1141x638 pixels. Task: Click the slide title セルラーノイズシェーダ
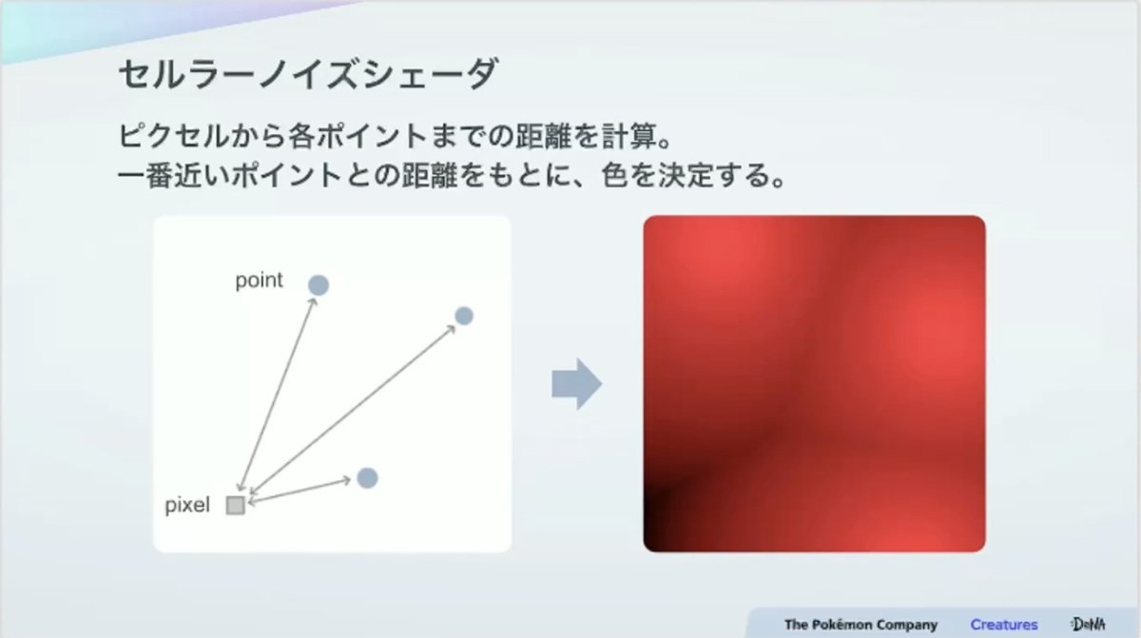pos(308,74)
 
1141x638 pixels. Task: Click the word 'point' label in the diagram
pos(259,281)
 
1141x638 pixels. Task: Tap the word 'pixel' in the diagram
pos(187,505)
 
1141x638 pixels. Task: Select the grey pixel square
pos(236,505)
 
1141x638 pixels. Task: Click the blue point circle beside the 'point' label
pos(319,285)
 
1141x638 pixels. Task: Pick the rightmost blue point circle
pos(464,316)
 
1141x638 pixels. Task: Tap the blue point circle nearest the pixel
pos(367,478)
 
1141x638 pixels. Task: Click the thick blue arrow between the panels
pos(576,384)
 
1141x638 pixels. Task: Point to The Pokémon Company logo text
pos(861,625)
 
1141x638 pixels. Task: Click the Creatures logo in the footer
pos(1003,625)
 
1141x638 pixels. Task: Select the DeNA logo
pos(1088,624)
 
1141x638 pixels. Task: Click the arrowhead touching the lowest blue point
pos(346,480)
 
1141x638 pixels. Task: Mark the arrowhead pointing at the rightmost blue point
pos(451,329)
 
